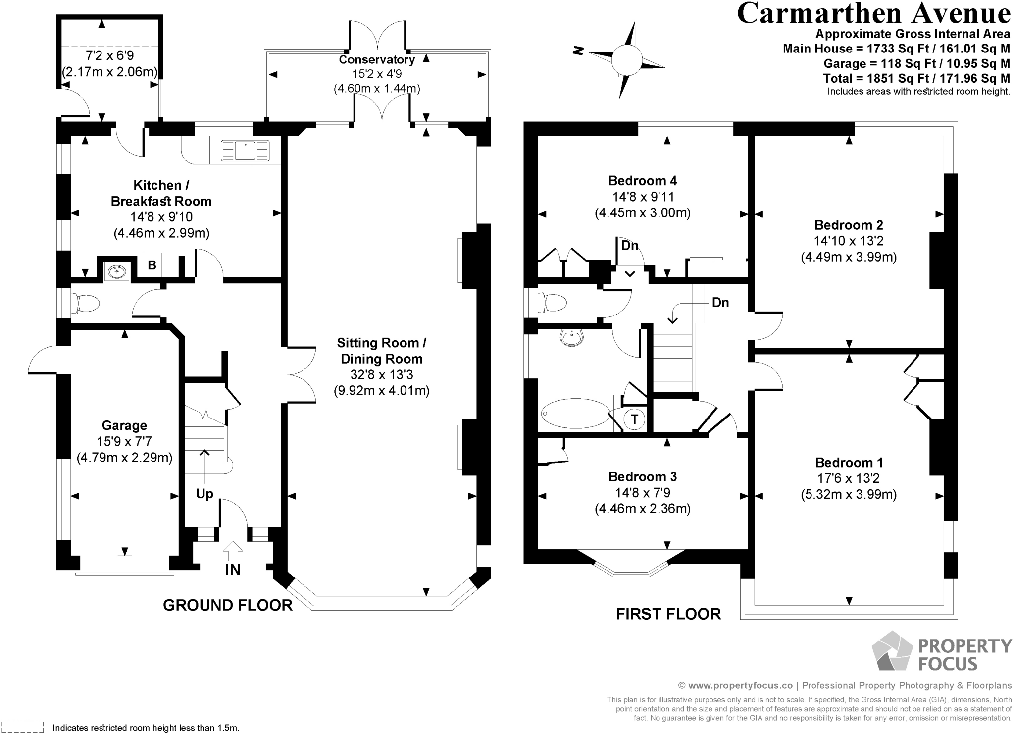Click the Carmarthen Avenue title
click(873, 14)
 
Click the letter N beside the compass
click(577, 50)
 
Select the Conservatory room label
click(377, 60)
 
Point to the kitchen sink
click(245, 151)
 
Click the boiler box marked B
click(152, 265)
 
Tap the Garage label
click(124, 425)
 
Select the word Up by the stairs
click(204, 494)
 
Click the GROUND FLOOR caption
click(228, 605)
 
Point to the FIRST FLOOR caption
click(668, 614)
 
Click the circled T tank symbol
click(634, 419)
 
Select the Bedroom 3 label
click(643, 477)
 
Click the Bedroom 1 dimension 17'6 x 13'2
click(849, 478)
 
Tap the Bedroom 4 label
click(643, 180)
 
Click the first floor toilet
click(554, 303)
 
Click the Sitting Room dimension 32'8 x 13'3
click(381, 375)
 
